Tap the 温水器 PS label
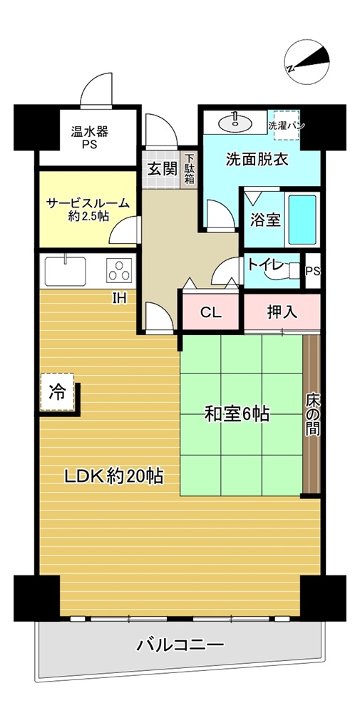click(89, 138)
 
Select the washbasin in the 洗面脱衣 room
click(235, 121)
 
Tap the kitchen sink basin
click(66, 271)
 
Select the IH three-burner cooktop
click(120, 270)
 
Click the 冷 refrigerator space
click(57, 391)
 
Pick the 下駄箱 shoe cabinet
click(190, 169)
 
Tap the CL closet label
click(211, 313)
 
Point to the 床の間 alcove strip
click(312, 414)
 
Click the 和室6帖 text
click(237, 414)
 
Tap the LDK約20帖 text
click(113, 476)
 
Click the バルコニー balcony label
click(180, 645)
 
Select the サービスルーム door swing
click(124, 230)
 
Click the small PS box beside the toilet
click(313, 271)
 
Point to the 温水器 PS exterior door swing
click(96, 89)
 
